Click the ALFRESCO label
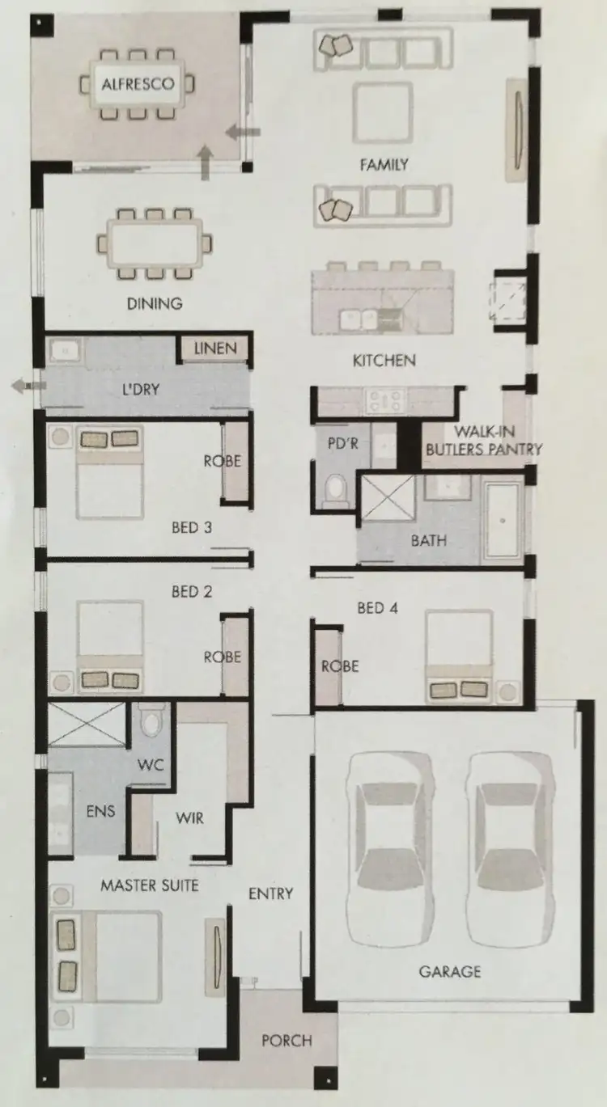[138, 83]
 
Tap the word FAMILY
[384, 165]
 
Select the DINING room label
[154, 304]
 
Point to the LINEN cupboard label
[215, 349]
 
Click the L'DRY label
[140, 389]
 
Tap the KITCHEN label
[384, 361]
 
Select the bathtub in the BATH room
[503, 520]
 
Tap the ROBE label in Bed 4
[339, 667]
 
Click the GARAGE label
[449, 971]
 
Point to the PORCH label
[287, 1041]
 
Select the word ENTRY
[270, 894]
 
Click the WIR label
[189, 818]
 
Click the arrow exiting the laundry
[27, 387]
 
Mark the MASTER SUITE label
[149, 885]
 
